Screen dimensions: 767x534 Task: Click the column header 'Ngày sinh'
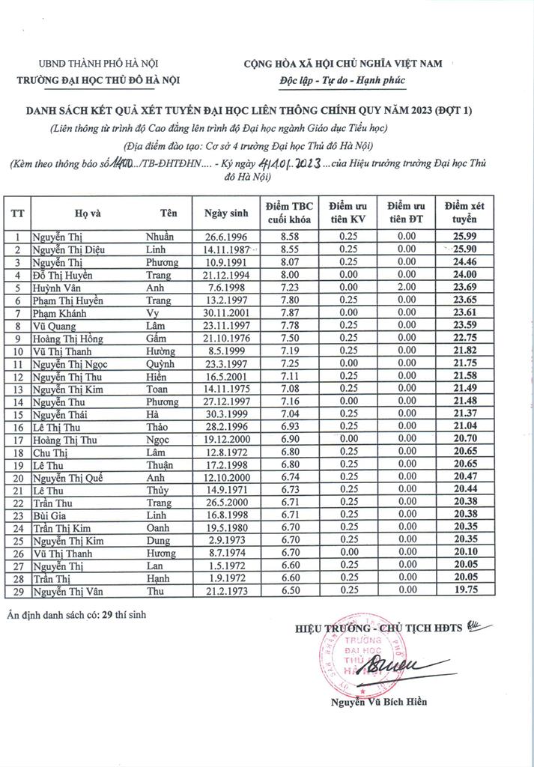pos(223,212)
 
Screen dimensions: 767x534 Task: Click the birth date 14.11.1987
pos(223,249)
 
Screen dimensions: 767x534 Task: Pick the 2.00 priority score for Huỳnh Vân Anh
pos(407,288)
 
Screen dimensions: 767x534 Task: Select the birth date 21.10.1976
pos(223,339)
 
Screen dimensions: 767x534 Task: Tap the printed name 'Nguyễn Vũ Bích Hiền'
pos(380,702)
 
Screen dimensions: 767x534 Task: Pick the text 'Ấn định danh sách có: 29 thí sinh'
pos(77,615)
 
